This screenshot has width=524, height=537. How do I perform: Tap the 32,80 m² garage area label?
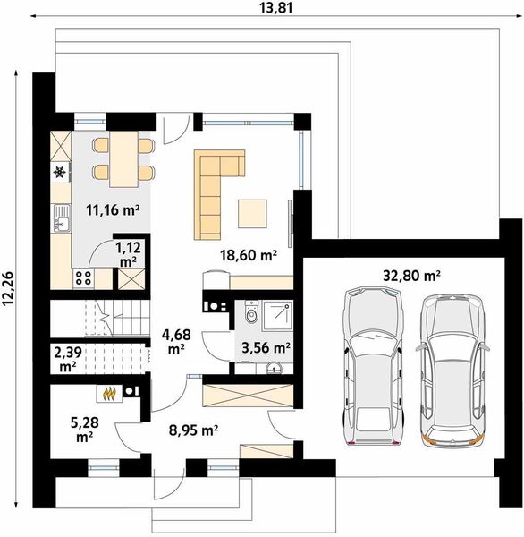411,275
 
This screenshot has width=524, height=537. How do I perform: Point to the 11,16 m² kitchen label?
113,210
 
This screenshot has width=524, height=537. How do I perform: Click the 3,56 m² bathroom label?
266,348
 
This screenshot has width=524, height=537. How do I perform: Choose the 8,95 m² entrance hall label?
194,430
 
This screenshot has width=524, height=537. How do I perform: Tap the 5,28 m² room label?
85,430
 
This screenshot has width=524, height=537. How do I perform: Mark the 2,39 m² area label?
68,359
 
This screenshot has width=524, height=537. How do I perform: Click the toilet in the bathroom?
251,311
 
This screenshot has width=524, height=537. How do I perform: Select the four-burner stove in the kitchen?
83,277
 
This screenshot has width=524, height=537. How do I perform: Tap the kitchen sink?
61,217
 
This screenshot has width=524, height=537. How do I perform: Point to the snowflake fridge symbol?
60,172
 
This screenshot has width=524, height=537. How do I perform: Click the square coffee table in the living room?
252,214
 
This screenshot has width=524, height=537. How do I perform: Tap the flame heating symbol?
108,394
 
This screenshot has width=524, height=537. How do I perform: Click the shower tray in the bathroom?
277,316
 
